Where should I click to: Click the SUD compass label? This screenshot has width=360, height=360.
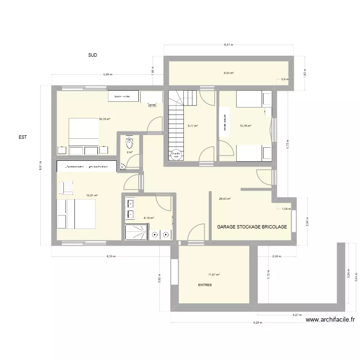93,55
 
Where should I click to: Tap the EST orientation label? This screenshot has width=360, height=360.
22,137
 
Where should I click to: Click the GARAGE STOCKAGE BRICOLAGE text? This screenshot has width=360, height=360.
252,227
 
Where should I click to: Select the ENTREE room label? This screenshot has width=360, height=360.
205,285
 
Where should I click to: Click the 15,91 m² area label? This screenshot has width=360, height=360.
92,195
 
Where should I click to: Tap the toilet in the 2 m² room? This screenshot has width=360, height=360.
129,143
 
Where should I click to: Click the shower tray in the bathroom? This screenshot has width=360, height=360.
135,232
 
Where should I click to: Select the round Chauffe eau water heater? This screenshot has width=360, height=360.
175,155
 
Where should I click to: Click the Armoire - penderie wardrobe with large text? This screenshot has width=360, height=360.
87,167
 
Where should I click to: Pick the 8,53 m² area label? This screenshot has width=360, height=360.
228,73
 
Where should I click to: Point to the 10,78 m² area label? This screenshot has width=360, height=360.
246,126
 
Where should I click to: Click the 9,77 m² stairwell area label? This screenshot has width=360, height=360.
192,126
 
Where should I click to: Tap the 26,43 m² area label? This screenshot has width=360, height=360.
225,199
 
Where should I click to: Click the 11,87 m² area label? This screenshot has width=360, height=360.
214,275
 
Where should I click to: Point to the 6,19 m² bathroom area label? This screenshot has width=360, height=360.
149,217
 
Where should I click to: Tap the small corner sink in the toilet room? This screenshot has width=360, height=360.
123,167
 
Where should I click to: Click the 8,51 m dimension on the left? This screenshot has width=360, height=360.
41,166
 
